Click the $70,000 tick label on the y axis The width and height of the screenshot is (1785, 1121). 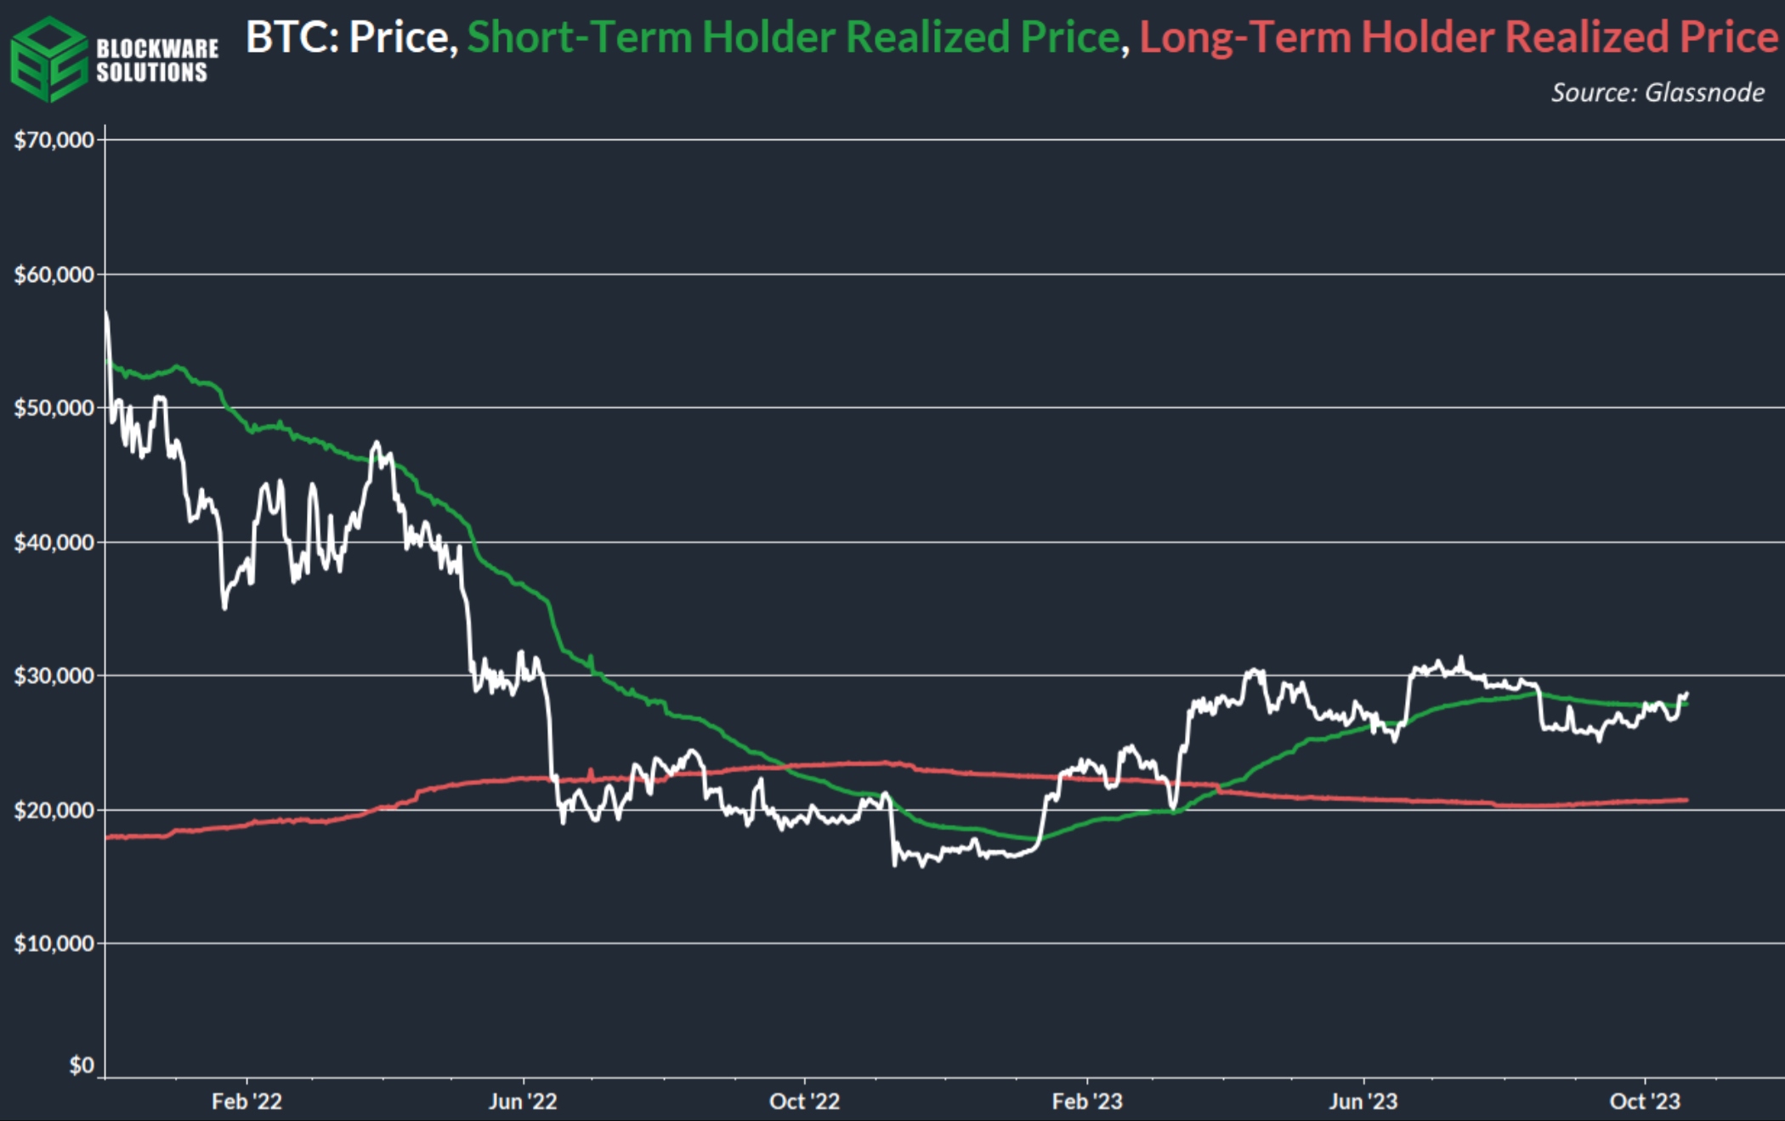tap(54, 140)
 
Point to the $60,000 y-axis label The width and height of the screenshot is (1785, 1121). tap(54, 275)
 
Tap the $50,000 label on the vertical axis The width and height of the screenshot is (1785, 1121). tap(54, 408)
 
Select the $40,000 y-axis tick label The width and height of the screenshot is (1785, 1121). tap(54, 542)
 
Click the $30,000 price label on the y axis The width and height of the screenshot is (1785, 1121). tap(54, 676)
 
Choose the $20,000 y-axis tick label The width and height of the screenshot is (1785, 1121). tap(54, 810)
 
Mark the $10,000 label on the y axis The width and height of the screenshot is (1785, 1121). tap(54, 943)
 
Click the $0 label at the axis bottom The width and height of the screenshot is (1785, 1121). tap(82, 1065)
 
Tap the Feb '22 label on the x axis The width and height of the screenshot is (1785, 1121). tap(246, 1101)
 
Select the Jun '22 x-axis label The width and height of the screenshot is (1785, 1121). tap(523, 1101)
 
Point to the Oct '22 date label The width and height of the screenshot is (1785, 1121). tap(804, 1101)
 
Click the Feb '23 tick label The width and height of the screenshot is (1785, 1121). tap(1087, 1101)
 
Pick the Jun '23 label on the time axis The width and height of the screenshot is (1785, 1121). tap(1363, 1101)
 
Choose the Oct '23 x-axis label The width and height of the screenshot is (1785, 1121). tap(1645, 1101)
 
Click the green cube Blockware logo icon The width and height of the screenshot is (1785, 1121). tap(48, 59)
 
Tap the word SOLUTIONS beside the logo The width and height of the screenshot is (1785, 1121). tap(152, 73)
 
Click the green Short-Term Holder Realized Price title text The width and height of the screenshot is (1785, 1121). tap(793, 37)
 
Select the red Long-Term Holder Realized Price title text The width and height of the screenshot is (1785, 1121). tap(1458, 37)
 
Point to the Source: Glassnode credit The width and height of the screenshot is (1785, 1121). tap(1657, 92)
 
